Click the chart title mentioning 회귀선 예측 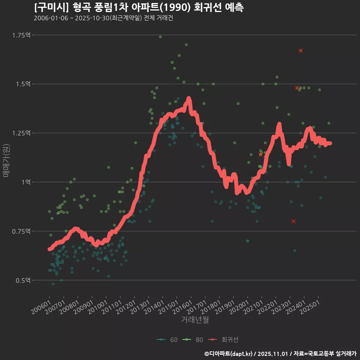[x=139, y=7]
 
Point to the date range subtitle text [x=103, y=18]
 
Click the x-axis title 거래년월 [x=195, y=320]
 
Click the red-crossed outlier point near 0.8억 [x=294, y=221]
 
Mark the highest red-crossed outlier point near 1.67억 [x=301, y=51]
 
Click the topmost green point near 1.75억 [x=160, y=37]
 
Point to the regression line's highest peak [x=189, y=99]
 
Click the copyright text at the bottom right [x=280, y=353]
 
